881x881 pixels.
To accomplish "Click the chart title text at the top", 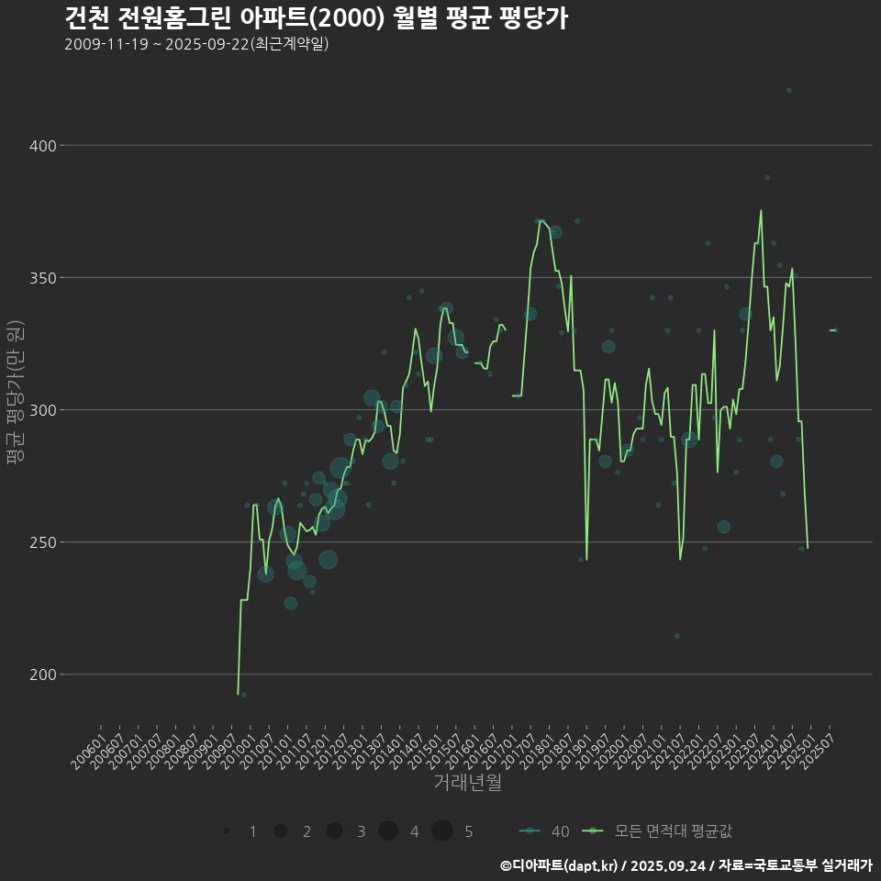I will tap(316, 18).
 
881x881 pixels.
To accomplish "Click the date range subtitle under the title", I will tap(196, 45).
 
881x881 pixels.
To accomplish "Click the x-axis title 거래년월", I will tap(467, 783).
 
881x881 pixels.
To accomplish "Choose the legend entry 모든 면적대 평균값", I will tap(661, 831).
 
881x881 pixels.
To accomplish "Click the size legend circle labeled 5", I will tap(442, 831).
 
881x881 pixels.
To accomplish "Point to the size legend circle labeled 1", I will tap(226, 831).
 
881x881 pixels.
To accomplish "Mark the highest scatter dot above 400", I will tap(788, 90).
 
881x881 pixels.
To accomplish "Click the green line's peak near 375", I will tap(761, 210).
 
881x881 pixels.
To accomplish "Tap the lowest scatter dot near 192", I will tap(243, 695).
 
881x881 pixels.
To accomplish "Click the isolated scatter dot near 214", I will tap(676, 636).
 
